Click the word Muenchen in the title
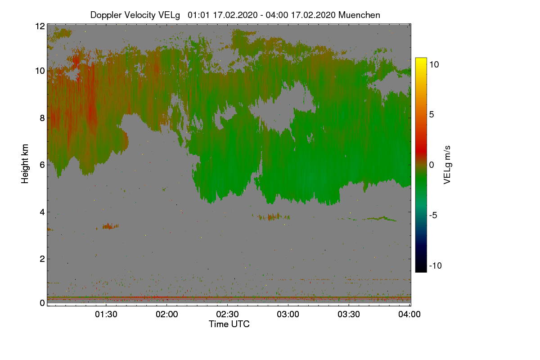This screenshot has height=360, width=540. click(x=359, y=15)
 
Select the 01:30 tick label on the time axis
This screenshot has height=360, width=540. click(x=106, y=314)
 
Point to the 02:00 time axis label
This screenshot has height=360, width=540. click(x=167, y=314)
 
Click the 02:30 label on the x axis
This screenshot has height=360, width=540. click(x=227, y=314)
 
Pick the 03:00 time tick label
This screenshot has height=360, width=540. click(x=288, y=314)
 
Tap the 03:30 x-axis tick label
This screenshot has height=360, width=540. click(x=349, y=314)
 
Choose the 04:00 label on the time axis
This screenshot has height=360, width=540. click(x=409, y=314)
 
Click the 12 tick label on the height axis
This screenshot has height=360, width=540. click(x=40, y=26)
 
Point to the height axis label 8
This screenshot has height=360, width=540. click(x=42, y=118)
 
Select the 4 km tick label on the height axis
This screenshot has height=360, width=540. click(x=42, y=212)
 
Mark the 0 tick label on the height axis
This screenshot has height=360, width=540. click(x=42, y=303)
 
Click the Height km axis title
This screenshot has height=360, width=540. click(x=25, y=164)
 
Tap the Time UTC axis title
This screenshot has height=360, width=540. click(x=229, y=324)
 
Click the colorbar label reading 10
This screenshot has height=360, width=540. click(x=434, y=65)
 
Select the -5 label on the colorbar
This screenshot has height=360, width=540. click(x=433, y=215)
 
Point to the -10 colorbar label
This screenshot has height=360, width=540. click(x=436, y=265)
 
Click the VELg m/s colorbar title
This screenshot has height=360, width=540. click(x=447, y=165)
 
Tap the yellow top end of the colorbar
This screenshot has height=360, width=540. click(x=421, y=59)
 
